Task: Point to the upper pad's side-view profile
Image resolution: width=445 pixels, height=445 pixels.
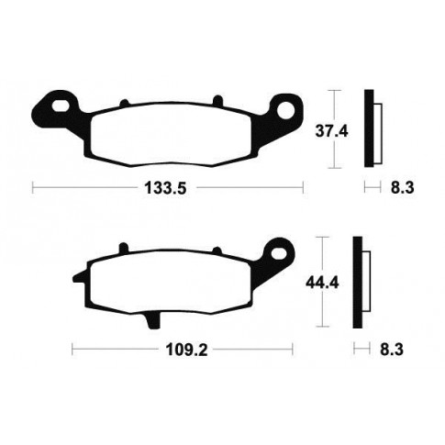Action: point(371,128)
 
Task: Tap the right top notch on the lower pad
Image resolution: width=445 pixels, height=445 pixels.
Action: point(217,249)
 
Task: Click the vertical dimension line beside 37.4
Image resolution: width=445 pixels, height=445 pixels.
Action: point(337,128)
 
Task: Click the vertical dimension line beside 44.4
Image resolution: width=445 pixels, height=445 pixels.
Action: point(323,283)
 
